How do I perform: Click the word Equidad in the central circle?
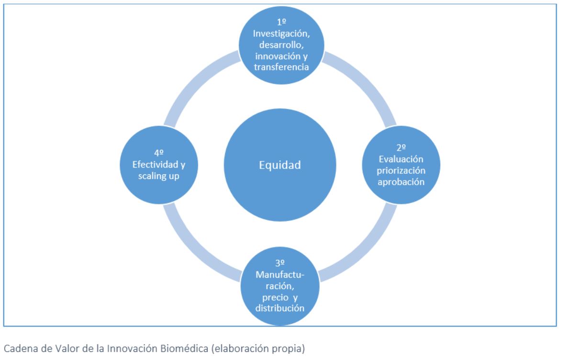click(x=280, y=166)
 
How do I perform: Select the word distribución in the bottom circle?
click(x=280, y=307)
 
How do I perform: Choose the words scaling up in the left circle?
click(x=160, y=176)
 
